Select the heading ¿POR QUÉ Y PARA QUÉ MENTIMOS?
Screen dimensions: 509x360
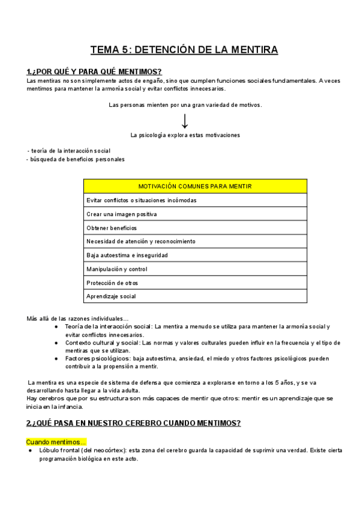pyautogui.click(x=94, y=71)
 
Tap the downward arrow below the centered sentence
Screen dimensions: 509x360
pyautogui.click(x=185, y=121)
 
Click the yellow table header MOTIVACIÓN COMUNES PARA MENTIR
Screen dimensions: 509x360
pyautogui.click(x=195, y=186)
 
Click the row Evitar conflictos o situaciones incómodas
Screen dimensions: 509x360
pyautogui.click(x=141, y=200)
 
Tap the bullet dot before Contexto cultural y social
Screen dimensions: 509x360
pyautogui.click(x=56, y=343)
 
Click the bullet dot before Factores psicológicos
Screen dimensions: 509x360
pyautogui.click(x=56, y=358)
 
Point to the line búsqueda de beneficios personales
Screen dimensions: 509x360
pyautogui.click(x=76, y=159)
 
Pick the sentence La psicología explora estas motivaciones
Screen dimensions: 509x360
pyautogui.click(x=185, y=135)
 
